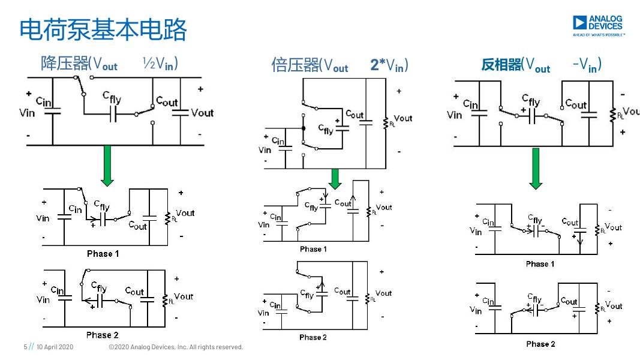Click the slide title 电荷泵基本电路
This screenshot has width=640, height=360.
[x=103, y=30]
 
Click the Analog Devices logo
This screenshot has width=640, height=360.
[x=598, y=26]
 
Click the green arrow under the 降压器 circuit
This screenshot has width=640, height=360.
[x=107, y=165]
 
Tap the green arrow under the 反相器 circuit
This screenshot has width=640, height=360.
[x=536, y=168]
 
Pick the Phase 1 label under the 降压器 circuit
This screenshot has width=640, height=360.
[x=103, y=254]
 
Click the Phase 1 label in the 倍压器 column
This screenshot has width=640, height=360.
[x=313, y=249]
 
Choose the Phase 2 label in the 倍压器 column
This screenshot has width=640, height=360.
[x=313, y=337]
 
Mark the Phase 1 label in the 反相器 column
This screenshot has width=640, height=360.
[x=540, y=264]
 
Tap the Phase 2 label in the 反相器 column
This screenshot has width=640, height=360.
[x=540, y=344]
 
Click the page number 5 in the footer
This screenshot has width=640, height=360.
[x=25, y=347]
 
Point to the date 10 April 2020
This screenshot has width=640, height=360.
[x=55, y=347]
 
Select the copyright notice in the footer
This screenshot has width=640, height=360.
[x=176, y=347]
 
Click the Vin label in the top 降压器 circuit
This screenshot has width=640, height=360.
[x=28, y=113]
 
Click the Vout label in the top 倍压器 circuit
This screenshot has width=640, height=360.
[x=403, y=118]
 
